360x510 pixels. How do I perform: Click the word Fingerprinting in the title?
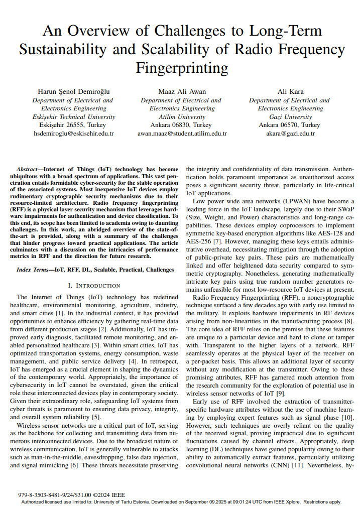coord(182,67)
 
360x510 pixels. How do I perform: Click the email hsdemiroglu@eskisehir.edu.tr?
coord(73,134)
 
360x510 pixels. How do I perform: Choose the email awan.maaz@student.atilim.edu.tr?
coord(182,134)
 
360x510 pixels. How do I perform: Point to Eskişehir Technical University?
coord(73,116)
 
